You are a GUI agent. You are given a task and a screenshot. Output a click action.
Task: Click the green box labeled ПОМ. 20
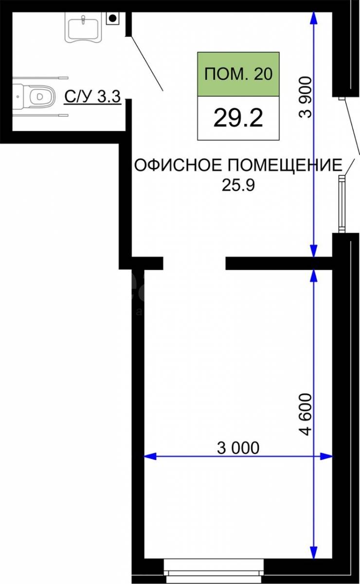pos(238,74)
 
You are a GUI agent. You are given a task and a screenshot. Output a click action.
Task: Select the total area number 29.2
pos(238,118)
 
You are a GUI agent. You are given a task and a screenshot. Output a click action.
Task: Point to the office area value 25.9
pos(238,185)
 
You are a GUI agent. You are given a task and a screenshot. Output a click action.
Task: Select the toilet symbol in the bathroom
pos(34,96)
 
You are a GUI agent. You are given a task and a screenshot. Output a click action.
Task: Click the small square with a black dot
pos(112,18)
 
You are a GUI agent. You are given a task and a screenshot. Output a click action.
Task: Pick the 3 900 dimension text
pos(306,97)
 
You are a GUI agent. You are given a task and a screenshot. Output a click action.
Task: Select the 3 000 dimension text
pos(238,448)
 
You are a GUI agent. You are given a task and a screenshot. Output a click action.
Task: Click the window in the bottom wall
pos(214,570)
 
